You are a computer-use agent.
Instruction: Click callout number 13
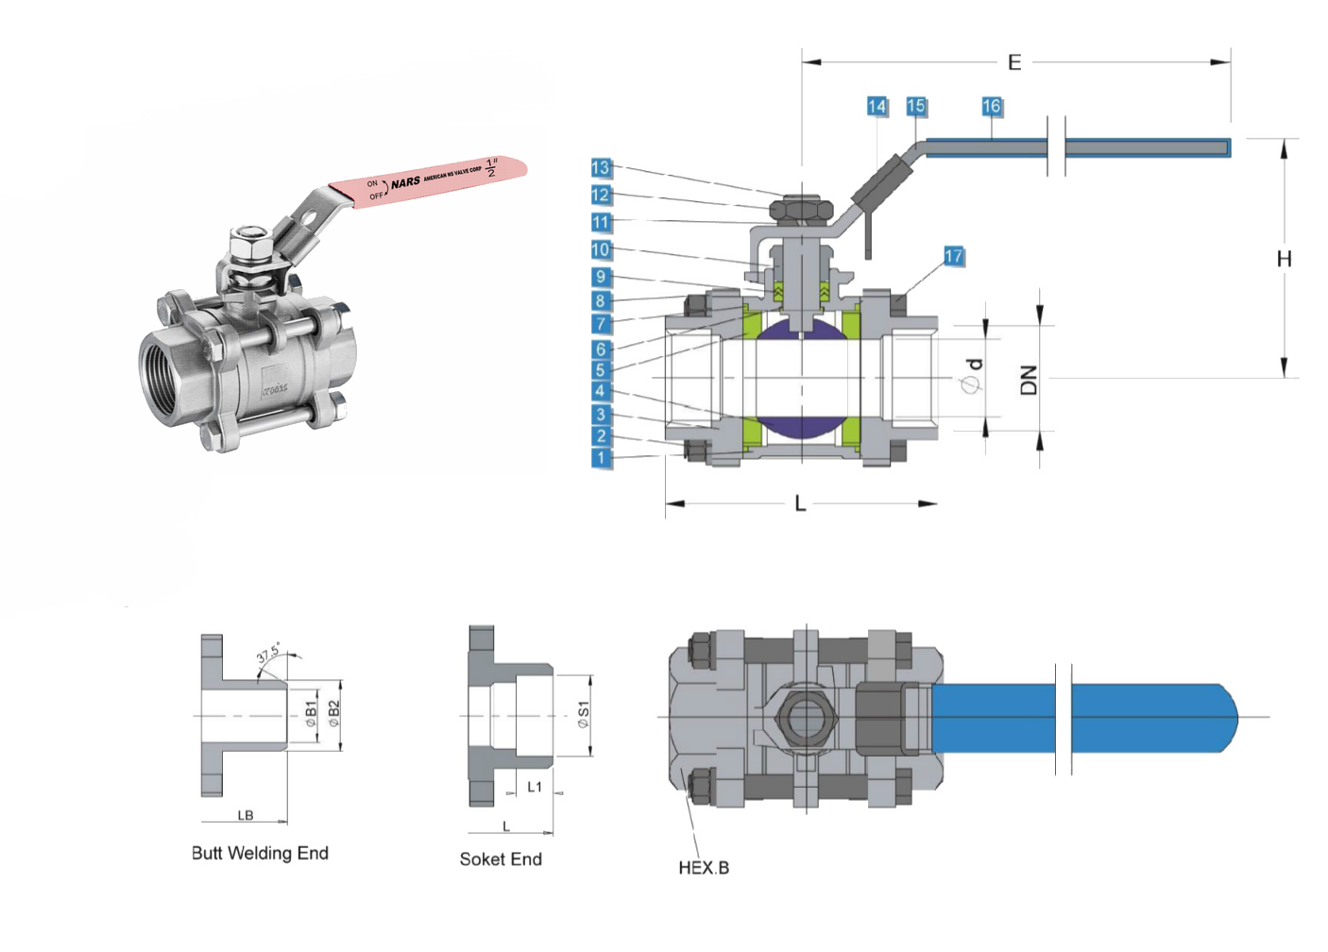[601, 168]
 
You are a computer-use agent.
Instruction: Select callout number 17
[953, 256]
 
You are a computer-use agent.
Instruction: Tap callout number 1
[601, 458]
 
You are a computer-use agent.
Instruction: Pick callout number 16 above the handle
[991, 107]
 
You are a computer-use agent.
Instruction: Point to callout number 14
[877, 107]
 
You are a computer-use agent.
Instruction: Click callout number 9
[601, 277]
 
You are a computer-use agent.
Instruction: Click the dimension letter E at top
[1014, 62]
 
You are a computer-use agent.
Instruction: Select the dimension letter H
[1284, 259]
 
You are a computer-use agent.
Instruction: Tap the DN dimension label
[1029, 379]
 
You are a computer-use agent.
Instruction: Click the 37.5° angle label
[268, 654]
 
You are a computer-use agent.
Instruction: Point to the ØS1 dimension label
[583, 715]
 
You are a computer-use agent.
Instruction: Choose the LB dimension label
[246, 815]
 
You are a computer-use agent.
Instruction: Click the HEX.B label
[704, 868]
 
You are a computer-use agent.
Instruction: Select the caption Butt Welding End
[260, 853]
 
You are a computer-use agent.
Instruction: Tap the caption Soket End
[501, 858]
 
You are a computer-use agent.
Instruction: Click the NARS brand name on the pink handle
[406, 181]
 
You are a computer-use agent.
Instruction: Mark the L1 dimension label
[535, 787]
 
